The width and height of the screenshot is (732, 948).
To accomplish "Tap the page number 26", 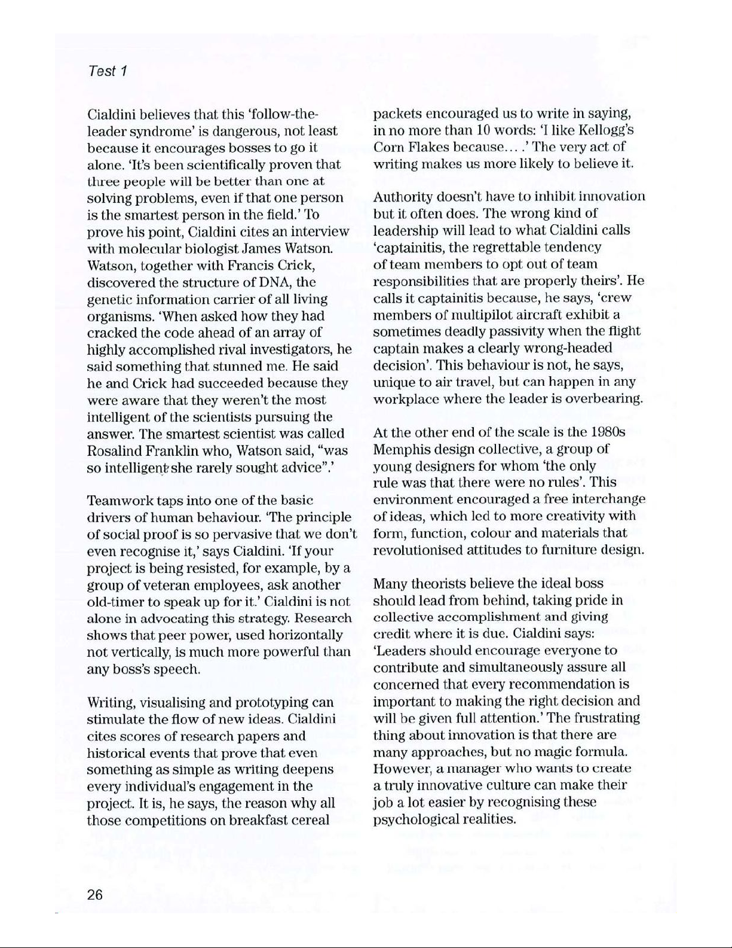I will point(95,895).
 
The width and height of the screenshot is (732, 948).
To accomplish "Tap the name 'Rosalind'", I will point(115,450).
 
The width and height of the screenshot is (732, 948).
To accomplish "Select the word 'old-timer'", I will point(117,602).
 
